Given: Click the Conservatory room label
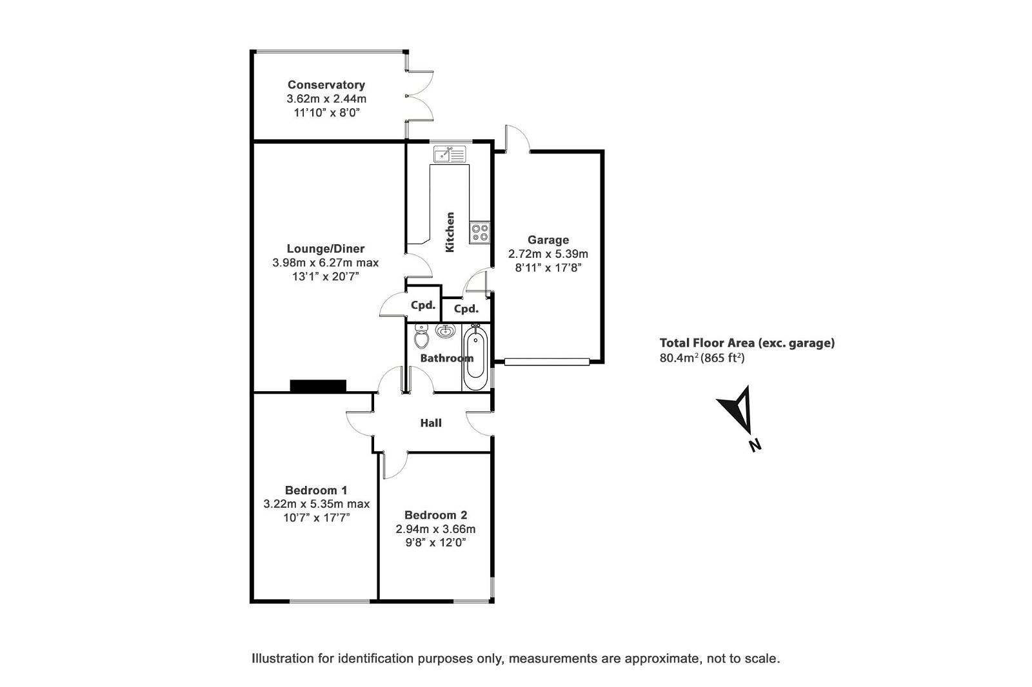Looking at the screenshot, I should point(326,84).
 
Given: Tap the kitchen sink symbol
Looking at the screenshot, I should point(450,155).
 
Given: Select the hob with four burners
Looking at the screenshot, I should point(480,232).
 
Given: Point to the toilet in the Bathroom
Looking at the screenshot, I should point(422,336).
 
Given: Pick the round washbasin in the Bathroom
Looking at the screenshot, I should point(444,332).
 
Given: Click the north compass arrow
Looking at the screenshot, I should point(737,409).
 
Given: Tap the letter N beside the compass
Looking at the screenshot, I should point(753,444).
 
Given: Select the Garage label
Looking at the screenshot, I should point(548,240).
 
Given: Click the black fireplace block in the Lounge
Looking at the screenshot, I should point(318,386).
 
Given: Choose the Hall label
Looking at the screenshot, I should point(431,423).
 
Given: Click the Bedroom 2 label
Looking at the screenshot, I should point(435,515).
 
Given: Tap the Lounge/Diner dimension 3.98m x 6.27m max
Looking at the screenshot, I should point(325,262).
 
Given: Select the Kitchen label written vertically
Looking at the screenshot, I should point(450,232).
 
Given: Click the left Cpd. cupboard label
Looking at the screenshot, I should point(423,305).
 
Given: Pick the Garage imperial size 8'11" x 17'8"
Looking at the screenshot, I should point(548,267).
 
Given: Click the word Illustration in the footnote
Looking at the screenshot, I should point(282,659).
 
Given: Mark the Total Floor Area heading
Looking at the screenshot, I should point(746,343).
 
